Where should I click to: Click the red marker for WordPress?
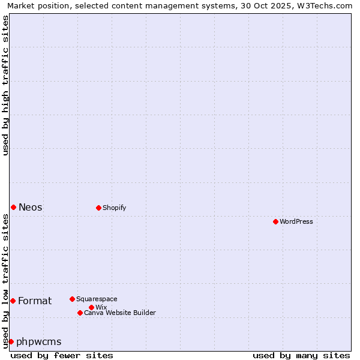(275, 221)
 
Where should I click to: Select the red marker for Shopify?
(98, 208)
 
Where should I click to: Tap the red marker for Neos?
(13, 207)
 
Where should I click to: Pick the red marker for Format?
(13, 301)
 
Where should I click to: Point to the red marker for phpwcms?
(11, 341)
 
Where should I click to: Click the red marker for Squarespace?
(72, 299)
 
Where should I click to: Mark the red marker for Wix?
(91, 307)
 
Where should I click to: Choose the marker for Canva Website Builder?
(80, 313)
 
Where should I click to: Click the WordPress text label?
(296, 221)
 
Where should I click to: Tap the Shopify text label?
(114, 208)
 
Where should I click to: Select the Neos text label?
(31, 207)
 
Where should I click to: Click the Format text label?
(35, 301)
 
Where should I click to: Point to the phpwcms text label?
(38, 341)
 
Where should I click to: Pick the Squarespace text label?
(97, 299)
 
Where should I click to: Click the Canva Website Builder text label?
(120, 313)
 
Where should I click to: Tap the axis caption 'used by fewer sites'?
(62, 355)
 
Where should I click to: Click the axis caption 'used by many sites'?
(301, 355)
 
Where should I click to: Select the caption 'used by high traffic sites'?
(5, 85)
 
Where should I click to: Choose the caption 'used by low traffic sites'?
(5, 281)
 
